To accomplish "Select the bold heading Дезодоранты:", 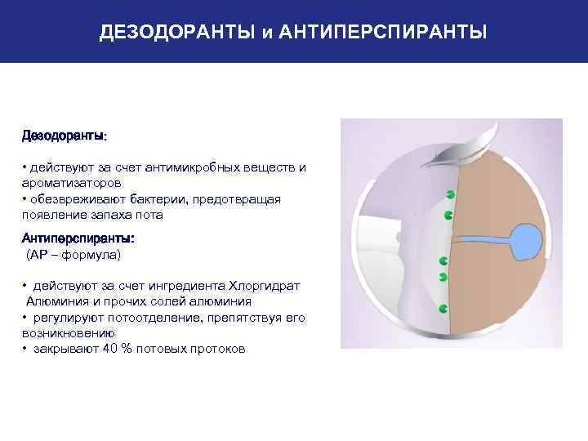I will click(63, 134).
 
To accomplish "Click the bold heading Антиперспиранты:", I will click(78, 238).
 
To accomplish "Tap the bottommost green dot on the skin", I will click(443, 310).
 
